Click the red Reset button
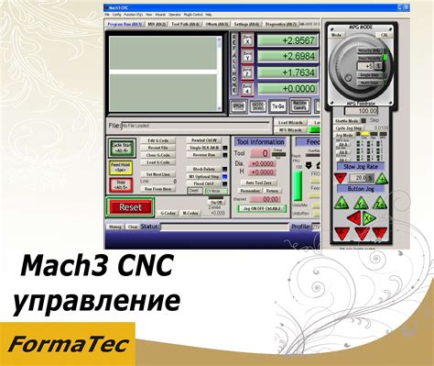tap(131, 207)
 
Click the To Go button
tap(278, 106)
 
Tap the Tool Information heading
tap(260, 142)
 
